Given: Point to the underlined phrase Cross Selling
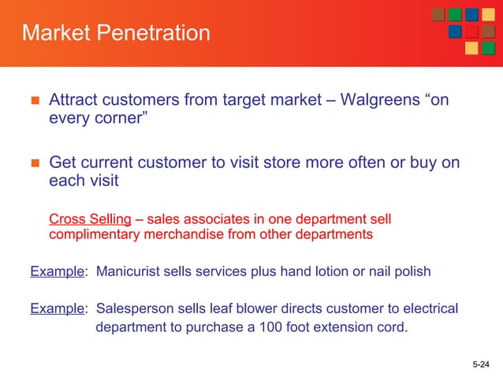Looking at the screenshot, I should tap(90, 218).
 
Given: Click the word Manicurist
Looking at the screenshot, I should tap(129, 272).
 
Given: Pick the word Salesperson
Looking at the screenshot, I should tap(136, 308).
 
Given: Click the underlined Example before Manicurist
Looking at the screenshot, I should tap(58, 272).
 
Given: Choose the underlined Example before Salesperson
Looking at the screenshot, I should tap(58, 308).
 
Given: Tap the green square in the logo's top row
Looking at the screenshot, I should tap(456, 16).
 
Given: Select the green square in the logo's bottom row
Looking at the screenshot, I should tap(488, 48).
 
